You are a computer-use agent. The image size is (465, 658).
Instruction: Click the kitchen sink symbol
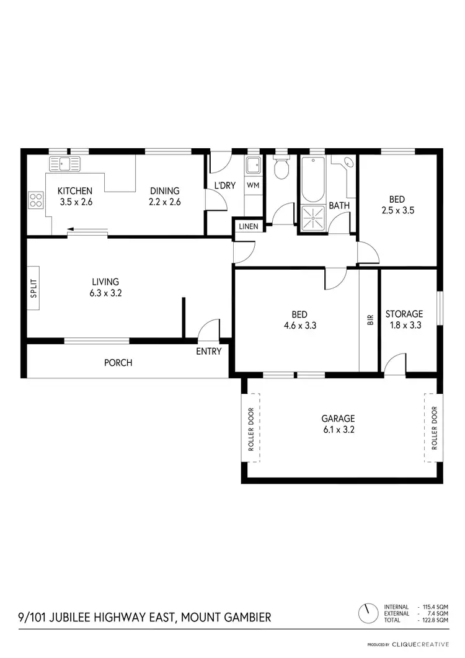pyautogui.click(x=64, y=164)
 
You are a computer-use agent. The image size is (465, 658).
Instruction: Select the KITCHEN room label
pyautogui.click(x=75, y=191)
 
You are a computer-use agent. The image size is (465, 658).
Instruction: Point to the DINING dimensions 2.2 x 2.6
pyautogui.click(x=164, y=202)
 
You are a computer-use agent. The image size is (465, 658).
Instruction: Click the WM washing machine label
pyautogui.click(x=253, y=185)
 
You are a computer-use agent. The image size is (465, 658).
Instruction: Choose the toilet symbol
pyautogui.click(x=281, y=168)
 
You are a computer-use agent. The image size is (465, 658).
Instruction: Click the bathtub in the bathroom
pyautogui.click(x=312, y=179)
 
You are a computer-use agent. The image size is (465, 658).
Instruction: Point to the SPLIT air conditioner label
pyautogui.click(x=33, y=290)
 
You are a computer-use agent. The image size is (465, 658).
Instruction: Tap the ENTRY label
pyautogui.click(x=208, y=352)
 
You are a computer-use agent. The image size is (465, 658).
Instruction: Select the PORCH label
pyautogui.click(x=118, y=363)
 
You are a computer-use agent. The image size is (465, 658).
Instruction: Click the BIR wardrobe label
pyautogui.click(x=370, y=319)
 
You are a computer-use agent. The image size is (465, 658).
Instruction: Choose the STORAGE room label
pyautogui.click(x=404, y=314)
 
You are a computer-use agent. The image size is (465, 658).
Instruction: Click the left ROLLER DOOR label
pyautogui.click(x=251, y=428)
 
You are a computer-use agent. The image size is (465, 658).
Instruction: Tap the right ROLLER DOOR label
pyautogui.click(x=434, y=428)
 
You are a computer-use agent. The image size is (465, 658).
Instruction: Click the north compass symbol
pyautogui.click(x=368, y=613)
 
